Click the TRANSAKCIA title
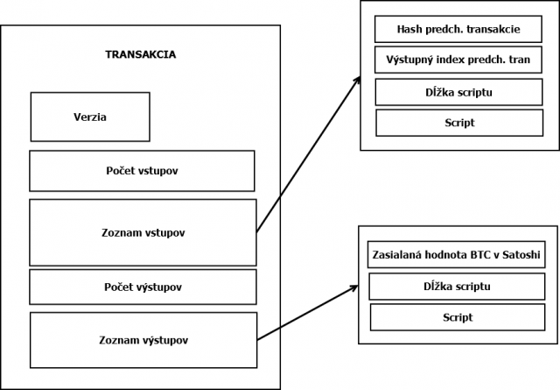click(140, 54)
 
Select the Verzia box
click(90, 117)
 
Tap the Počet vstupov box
click(142, 171)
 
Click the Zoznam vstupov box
click(143, 232)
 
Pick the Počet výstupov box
click(143, 287)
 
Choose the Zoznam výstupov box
click(143, 340)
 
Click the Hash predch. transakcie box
click(458, 29)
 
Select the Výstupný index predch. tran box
click(458, 60)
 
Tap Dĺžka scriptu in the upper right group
click(458, 92)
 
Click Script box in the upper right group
click(459, 123)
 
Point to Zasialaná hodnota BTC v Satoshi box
click(457, 254)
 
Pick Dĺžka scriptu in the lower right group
click(457, 287)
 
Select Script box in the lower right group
click(458, 317)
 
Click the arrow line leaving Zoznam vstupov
click(308, 154)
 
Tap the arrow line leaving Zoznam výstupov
click(308, 313)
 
